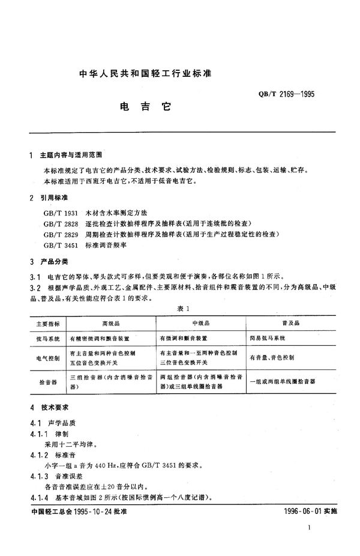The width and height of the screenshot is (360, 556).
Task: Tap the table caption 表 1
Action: [184, 308]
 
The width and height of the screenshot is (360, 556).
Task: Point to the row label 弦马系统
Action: [47, 339]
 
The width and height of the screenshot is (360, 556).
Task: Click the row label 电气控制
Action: [47, 358]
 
